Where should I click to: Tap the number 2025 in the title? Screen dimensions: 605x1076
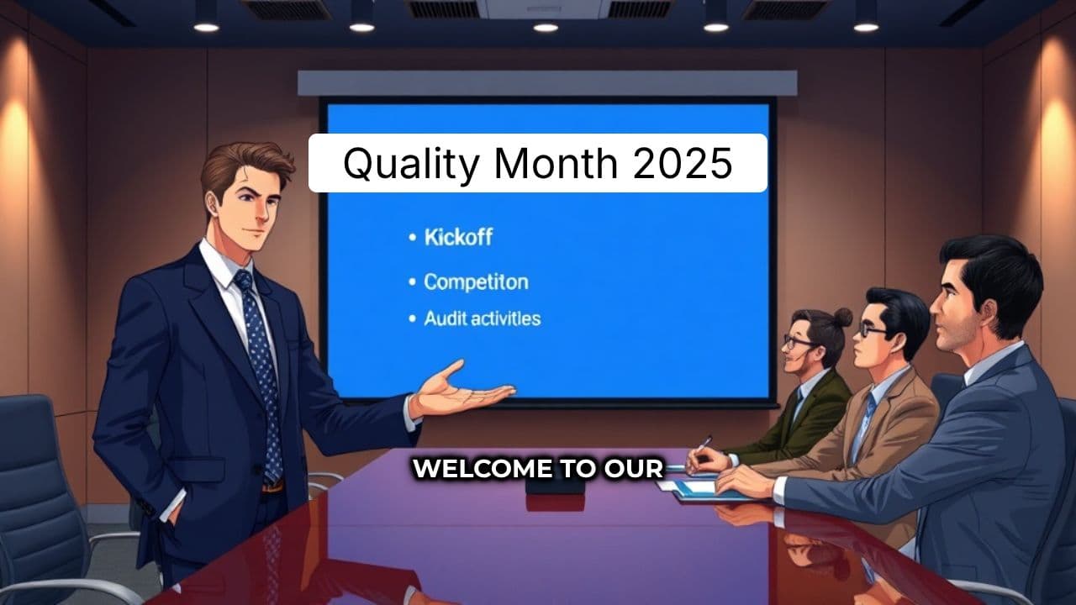coord(683,163)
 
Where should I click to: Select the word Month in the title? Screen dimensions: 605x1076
coord(555,163)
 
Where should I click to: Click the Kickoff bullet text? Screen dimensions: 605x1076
coord(458,237)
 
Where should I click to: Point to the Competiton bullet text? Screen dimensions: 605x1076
coord(476,281)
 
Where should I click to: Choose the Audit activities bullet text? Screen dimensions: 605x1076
coord(482,318)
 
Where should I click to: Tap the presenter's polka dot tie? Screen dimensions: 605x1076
coord(261,370)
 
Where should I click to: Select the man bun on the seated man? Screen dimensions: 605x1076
coord(842,317)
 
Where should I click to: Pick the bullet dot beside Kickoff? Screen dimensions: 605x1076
coord(412,238)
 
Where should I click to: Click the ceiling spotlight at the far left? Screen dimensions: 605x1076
coord(206,27)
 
